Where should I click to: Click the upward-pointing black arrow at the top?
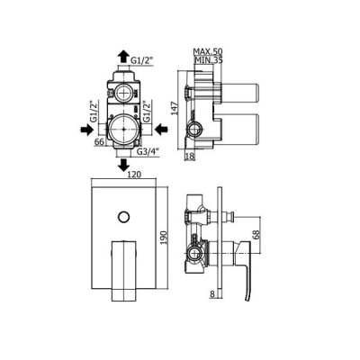pos(122,57)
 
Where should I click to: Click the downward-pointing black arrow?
pos(123,165)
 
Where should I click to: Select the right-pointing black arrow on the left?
pos(86,130)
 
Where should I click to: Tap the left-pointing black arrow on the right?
pos(161,130)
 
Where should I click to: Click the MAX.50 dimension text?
pos(208,51)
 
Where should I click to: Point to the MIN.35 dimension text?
pos(209,60)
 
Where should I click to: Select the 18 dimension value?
pos(189,157)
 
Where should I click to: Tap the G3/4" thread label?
pos(148,152)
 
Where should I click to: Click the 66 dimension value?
pos(99,141)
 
